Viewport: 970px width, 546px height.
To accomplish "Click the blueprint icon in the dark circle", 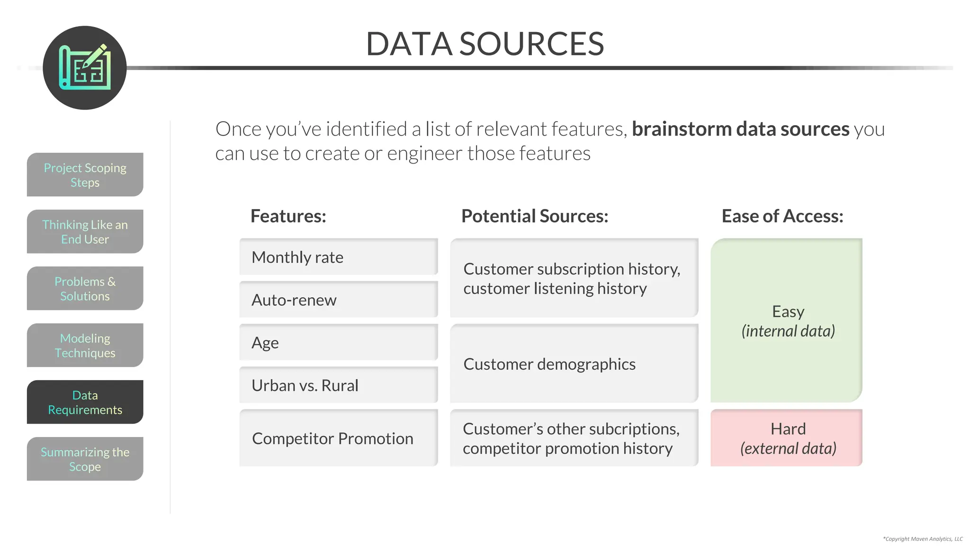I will point(85,68).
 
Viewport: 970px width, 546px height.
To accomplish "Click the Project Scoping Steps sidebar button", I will point(85,174).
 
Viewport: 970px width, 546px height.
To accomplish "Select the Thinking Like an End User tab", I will point(85,231).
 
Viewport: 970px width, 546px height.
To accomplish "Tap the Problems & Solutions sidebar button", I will point(85,288).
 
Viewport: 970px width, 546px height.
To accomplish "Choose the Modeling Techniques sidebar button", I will point(85,345).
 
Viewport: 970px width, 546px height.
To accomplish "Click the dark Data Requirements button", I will point(85,402).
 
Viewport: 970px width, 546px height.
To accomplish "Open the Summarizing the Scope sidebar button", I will point(85,459).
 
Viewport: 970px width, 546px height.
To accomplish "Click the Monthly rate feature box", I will point(338,257).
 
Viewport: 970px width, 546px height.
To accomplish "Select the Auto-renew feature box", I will point(338,300).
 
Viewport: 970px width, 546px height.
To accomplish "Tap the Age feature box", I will point(338,342).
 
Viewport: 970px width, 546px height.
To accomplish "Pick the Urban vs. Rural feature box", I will point(338,385).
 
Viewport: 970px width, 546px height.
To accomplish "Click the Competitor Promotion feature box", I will point(338,438).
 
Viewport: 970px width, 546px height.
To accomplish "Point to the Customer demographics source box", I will point(574,364).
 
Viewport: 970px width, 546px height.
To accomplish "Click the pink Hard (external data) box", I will point(786,438).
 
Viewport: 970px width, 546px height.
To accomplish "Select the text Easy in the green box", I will point(788,311).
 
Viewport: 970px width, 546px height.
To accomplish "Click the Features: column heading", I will point(288,216).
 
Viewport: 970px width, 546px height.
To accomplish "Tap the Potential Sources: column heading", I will point(535,216).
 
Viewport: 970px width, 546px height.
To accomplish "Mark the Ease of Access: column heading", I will point(782,216).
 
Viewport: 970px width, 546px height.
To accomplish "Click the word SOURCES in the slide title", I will point(531,44).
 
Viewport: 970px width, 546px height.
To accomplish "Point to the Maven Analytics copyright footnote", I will point(923,539).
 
